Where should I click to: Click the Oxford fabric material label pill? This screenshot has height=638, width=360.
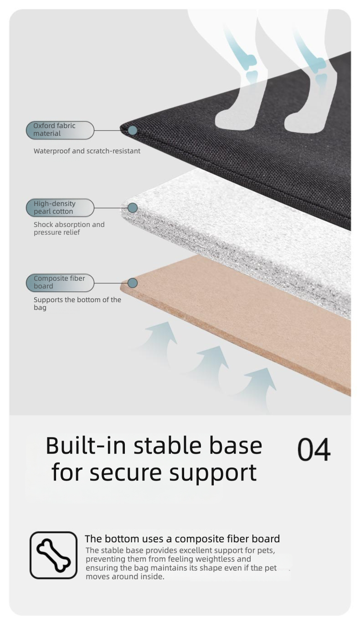(x=60, y=130)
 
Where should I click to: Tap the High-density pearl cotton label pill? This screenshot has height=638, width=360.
(x=60, y=208)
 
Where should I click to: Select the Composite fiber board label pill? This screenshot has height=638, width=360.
(x=60, y=283)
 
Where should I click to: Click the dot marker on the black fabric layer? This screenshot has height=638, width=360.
(x=132, y=130)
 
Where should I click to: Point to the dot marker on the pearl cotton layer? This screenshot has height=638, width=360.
(x=133, y=208)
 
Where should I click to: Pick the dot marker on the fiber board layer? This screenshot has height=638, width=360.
(x=133, y=283)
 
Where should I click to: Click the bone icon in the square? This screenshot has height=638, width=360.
(x=54, y=555)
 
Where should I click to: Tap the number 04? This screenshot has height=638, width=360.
(x=314, y=450)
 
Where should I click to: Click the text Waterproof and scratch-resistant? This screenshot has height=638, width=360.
(x=87, y=151)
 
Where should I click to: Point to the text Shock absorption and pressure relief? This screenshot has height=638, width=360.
(x=69, y=228)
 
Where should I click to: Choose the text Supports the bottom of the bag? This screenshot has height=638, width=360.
(x=77, y=304)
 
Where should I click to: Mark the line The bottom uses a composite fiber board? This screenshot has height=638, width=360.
(x=182, y=539)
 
